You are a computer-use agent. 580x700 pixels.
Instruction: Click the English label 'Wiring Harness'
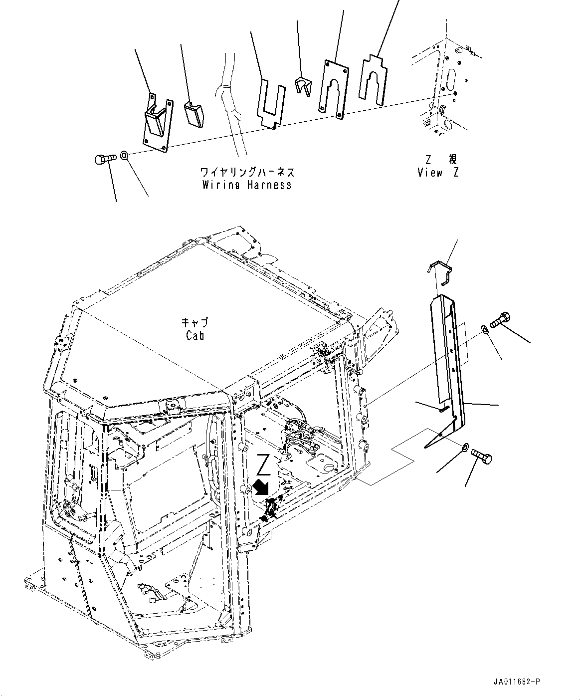[246, 185]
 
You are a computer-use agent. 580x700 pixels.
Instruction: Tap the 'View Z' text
[437, 173]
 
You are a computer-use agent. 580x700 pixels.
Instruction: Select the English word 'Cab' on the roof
[195, 335]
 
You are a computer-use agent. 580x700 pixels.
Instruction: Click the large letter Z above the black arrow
[263, 465]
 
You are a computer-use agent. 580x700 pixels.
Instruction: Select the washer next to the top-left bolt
[125, 156]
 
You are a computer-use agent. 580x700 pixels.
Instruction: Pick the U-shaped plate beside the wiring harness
[272, 104]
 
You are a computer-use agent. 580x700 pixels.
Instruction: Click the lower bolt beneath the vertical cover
[481, 456]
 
